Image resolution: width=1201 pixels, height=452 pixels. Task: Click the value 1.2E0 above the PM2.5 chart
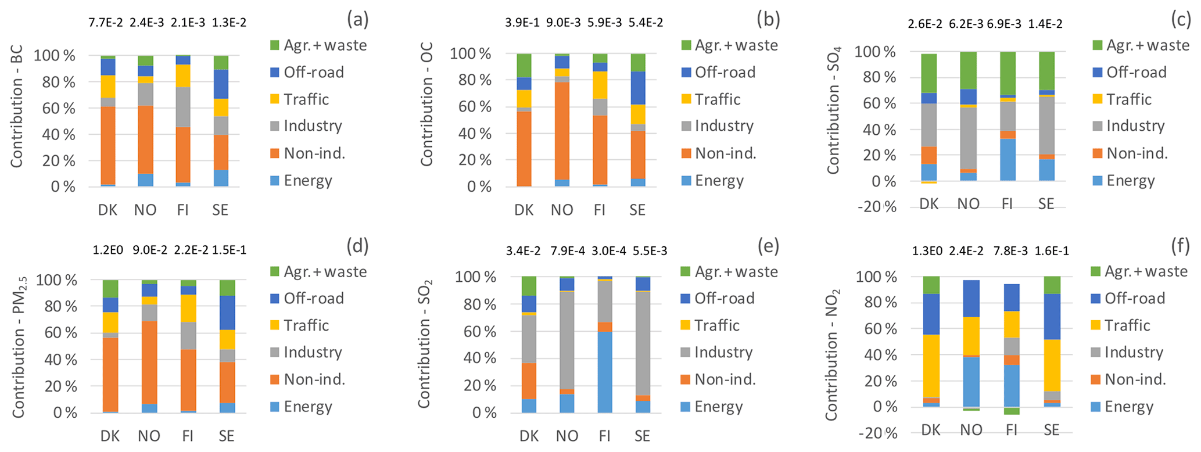click(x=109, y=251)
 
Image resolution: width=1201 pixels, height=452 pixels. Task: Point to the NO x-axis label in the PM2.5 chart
click(x=149, y=436)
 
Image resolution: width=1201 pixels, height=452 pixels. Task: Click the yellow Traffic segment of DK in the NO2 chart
click(x=931, y=366)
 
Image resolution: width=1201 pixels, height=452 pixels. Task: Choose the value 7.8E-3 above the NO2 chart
click(x=1009, y=251)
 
